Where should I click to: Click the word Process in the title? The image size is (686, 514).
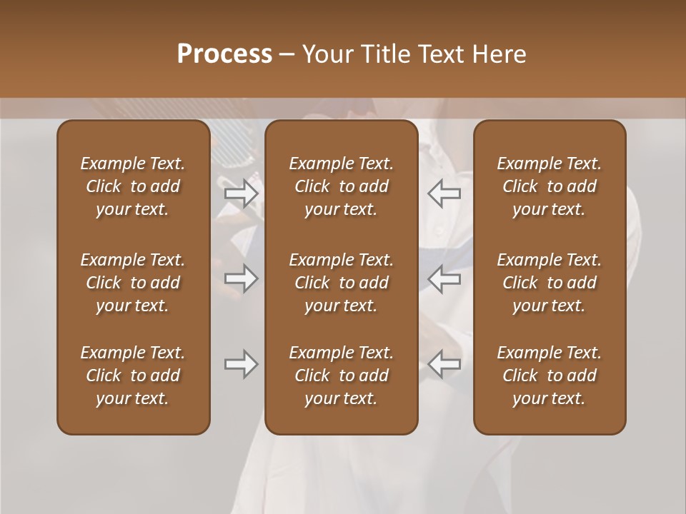[224, 54]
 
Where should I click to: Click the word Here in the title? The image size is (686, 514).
[499, 54]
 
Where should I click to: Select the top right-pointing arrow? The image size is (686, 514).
[241, 193]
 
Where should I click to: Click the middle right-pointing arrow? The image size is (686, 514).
[241, 278]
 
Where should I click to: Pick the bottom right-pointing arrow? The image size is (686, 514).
[241, 364]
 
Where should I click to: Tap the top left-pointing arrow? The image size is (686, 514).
[444, 193]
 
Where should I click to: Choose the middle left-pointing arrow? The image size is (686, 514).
[444, 278]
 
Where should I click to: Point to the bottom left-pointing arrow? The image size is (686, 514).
[444, 364]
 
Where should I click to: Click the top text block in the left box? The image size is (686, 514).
[133, 186]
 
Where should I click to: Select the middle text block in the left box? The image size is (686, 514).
[133, 283]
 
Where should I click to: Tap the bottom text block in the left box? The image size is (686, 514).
[133, 376]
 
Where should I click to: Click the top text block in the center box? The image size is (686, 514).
[341, 186]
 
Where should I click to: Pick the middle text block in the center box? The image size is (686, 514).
[341, 283]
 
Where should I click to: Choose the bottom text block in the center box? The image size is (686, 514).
[341, 376]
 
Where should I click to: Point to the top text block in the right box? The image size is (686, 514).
[550, 186]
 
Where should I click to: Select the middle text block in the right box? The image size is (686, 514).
[550, 283]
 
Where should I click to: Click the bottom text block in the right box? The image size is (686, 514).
[550, 376]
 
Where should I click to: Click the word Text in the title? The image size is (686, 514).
[437, 54]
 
